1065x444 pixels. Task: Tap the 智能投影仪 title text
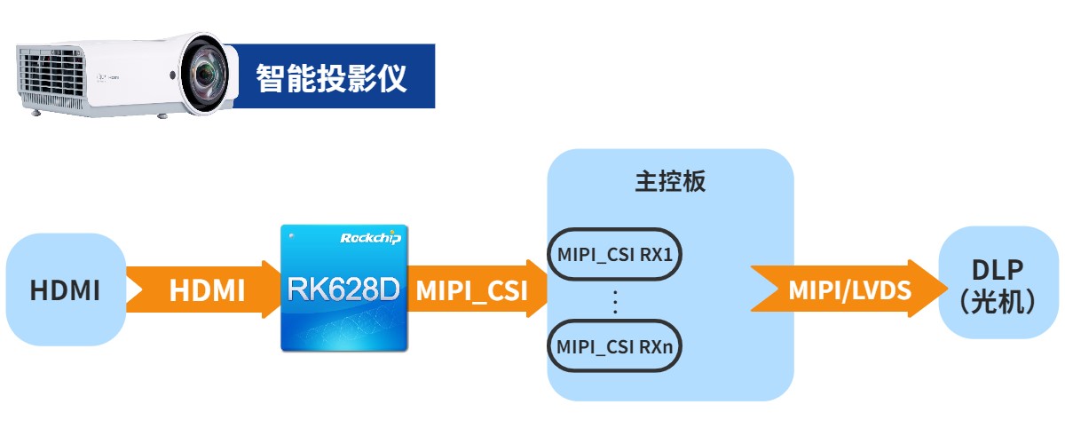pos(331,78)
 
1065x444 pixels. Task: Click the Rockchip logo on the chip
pos(371,237)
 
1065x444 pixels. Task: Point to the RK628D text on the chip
pos(343,288)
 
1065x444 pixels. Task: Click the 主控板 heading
pos(670,182)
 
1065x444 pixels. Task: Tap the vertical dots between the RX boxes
pos(617,301)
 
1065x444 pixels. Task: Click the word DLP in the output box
pos(998,271)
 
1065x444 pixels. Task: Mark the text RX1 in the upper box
pos(659,255)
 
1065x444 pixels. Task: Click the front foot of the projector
pos(162,115)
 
